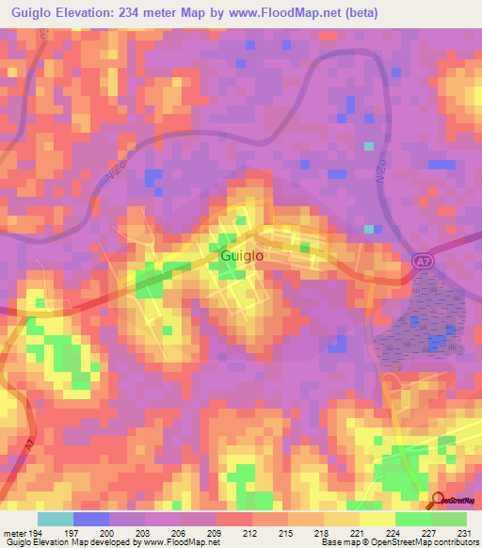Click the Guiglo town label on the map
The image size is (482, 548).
pyautogui.click(x=241, y=255)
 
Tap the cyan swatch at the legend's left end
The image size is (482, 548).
pyautogui.click(x=56, y=519)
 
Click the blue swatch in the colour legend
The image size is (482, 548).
pyautogui.click(x=91, y=519)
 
